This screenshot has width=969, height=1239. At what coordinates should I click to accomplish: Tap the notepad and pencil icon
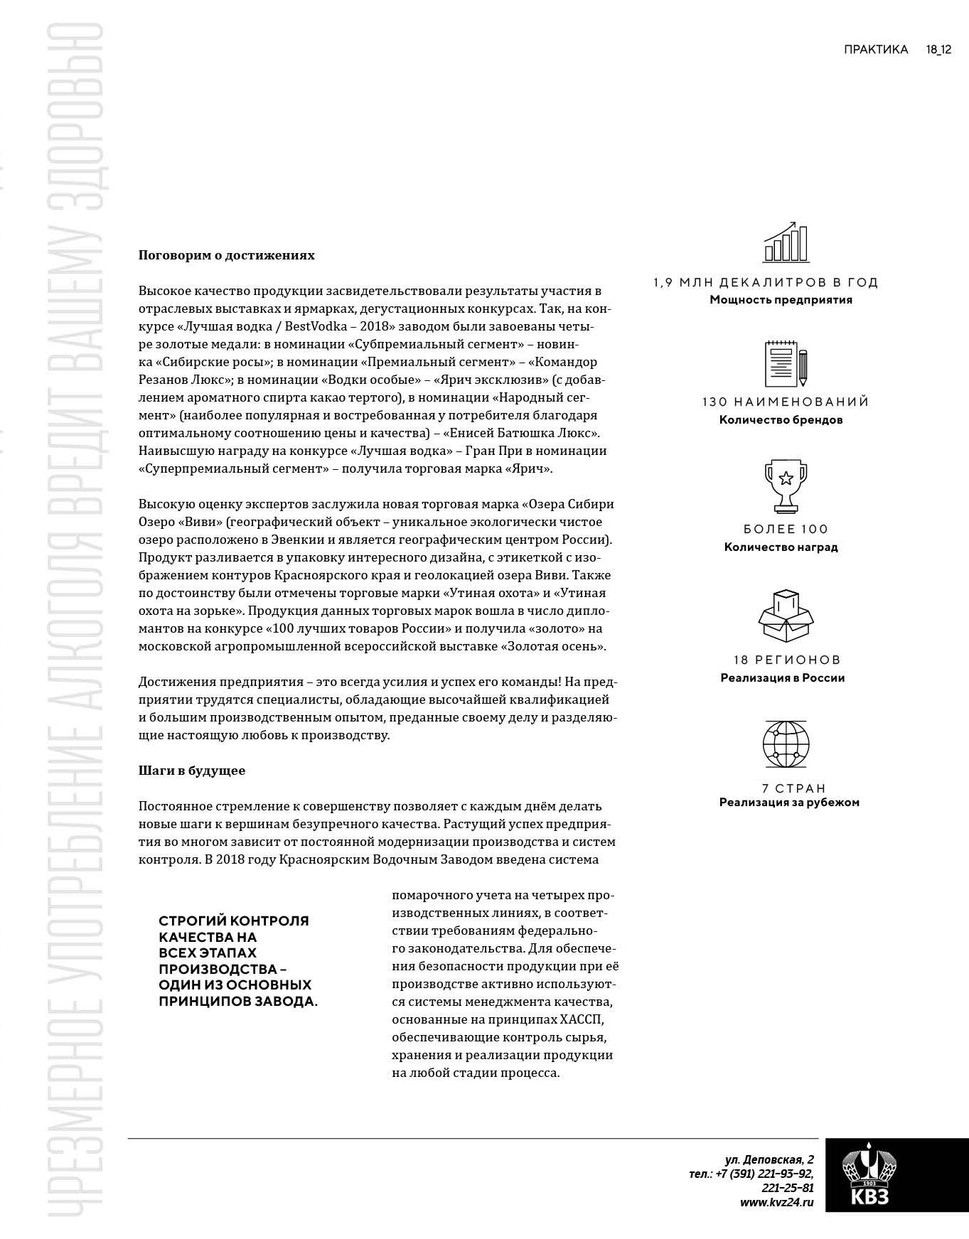785,364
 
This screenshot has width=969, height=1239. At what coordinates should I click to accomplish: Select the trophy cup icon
785,486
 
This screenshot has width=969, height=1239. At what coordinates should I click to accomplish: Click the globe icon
785,744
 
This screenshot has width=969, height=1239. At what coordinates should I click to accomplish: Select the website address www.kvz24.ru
776,1203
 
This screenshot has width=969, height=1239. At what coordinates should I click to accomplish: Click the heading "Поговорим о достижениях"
226,255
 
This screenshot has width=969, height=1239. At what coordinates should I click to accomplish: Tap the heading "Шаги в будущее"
191,771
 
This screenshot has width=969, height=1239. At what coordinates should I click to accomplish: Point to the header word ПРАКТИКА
876,50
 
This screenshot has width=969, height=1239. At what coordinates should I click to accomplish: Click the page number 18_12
938,50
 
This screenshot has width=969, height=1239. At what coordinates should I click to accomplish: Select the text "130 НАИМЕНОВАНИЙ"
785,402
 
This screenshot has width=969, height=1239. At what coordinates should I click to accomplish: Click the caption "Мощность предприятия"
781,300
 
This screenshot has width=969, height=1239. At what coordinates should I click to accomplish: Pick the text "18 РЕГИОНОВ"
787,660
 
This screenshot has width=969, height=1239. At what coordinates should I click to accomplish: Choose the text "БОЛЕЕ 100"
785,530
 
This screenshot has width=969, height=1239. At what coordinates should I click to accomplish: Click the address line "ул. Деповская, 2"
769,1159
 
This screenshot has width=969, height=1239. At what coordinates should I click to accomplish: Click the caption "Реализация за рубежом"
789,803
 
